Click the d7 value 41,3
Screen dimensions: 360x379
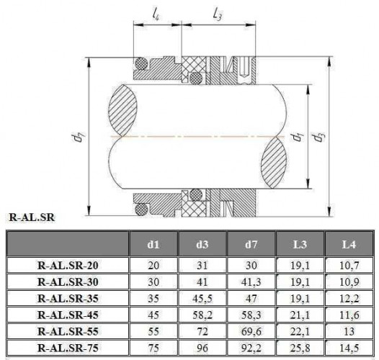click(x=250, y=282)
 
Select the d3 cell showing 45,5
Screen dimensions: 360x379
click(x=201, y=299)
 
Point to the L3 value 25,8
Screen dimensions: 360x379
click(x=299, y=348)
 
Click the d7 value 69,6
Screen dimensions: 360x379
click(x=250, y=332)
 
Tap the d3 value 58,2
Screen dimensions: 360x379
click(x=201, y=315)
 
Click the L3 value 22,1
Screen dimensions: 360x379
click(x=299, y=332)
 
